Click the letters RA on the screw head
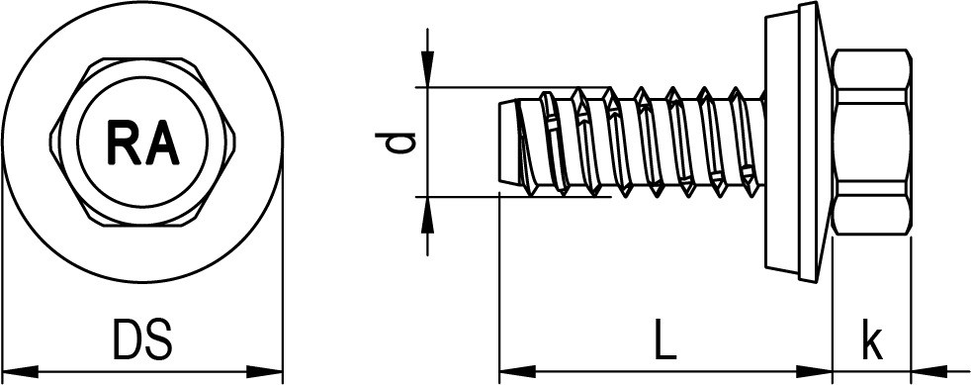[143, 142]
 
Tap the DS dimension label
[141, 339]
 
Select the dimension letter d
[396, 143]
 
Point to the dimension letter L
[665, 339]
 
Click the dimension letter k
[872, 339]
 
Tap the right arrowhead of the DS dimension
[264, 372]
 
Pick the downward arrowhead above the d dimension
[427, 69]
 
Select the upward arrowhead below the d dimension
[427, 215]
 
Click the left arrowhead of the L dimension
[517, 372]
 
